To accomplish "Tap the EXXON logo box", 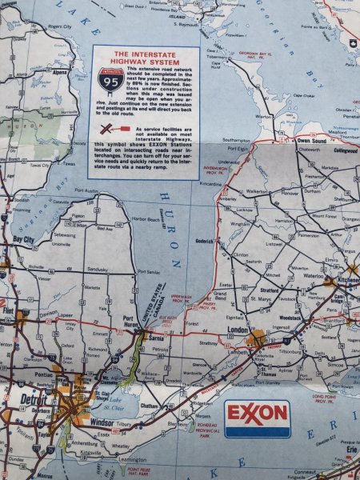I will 257,415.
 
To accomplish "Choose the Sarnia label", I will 157,338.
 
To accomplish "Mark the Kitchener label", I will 346,282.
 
